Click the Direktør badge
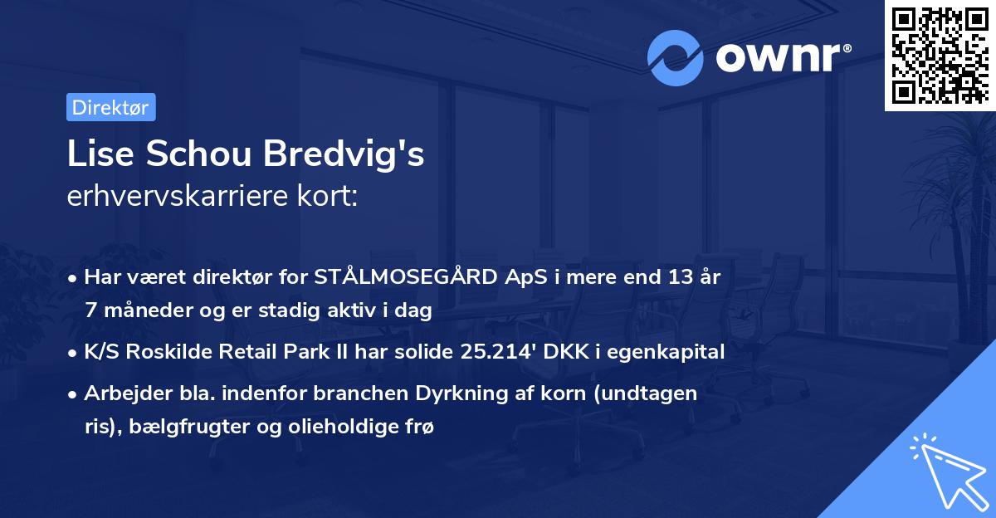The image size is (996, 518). (110, 107)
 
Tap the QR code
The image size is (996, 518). (940, 56)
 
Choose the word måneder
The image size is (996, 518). (147, 310)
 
